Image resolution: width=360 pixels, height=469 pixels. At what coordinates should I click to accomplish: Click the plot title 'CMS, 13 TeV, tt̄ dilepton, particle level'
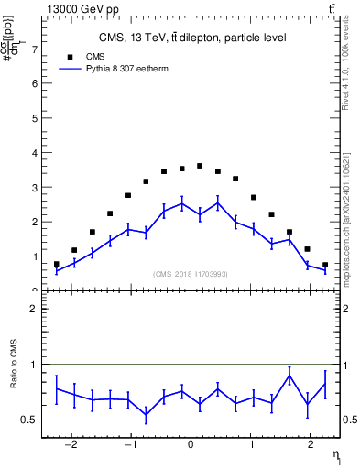click(192, 38)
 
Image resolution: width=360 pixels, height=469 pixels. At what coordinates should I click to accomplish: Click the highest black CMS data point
click(200, 166)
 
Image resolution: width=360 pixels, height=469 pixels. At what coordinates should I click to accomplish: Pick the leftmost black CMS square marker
click(56, 264)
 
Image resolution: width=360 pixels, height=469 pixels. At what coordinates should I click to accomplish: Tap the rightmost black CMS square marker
click(325, 265)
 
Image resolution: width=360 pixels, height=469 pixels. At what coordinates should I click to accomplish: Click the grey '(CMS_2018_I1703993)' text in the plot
click(191, 274)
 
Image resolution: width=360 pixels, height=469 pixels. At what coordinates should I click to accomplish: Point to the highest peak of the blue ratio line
click(289, 376)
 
